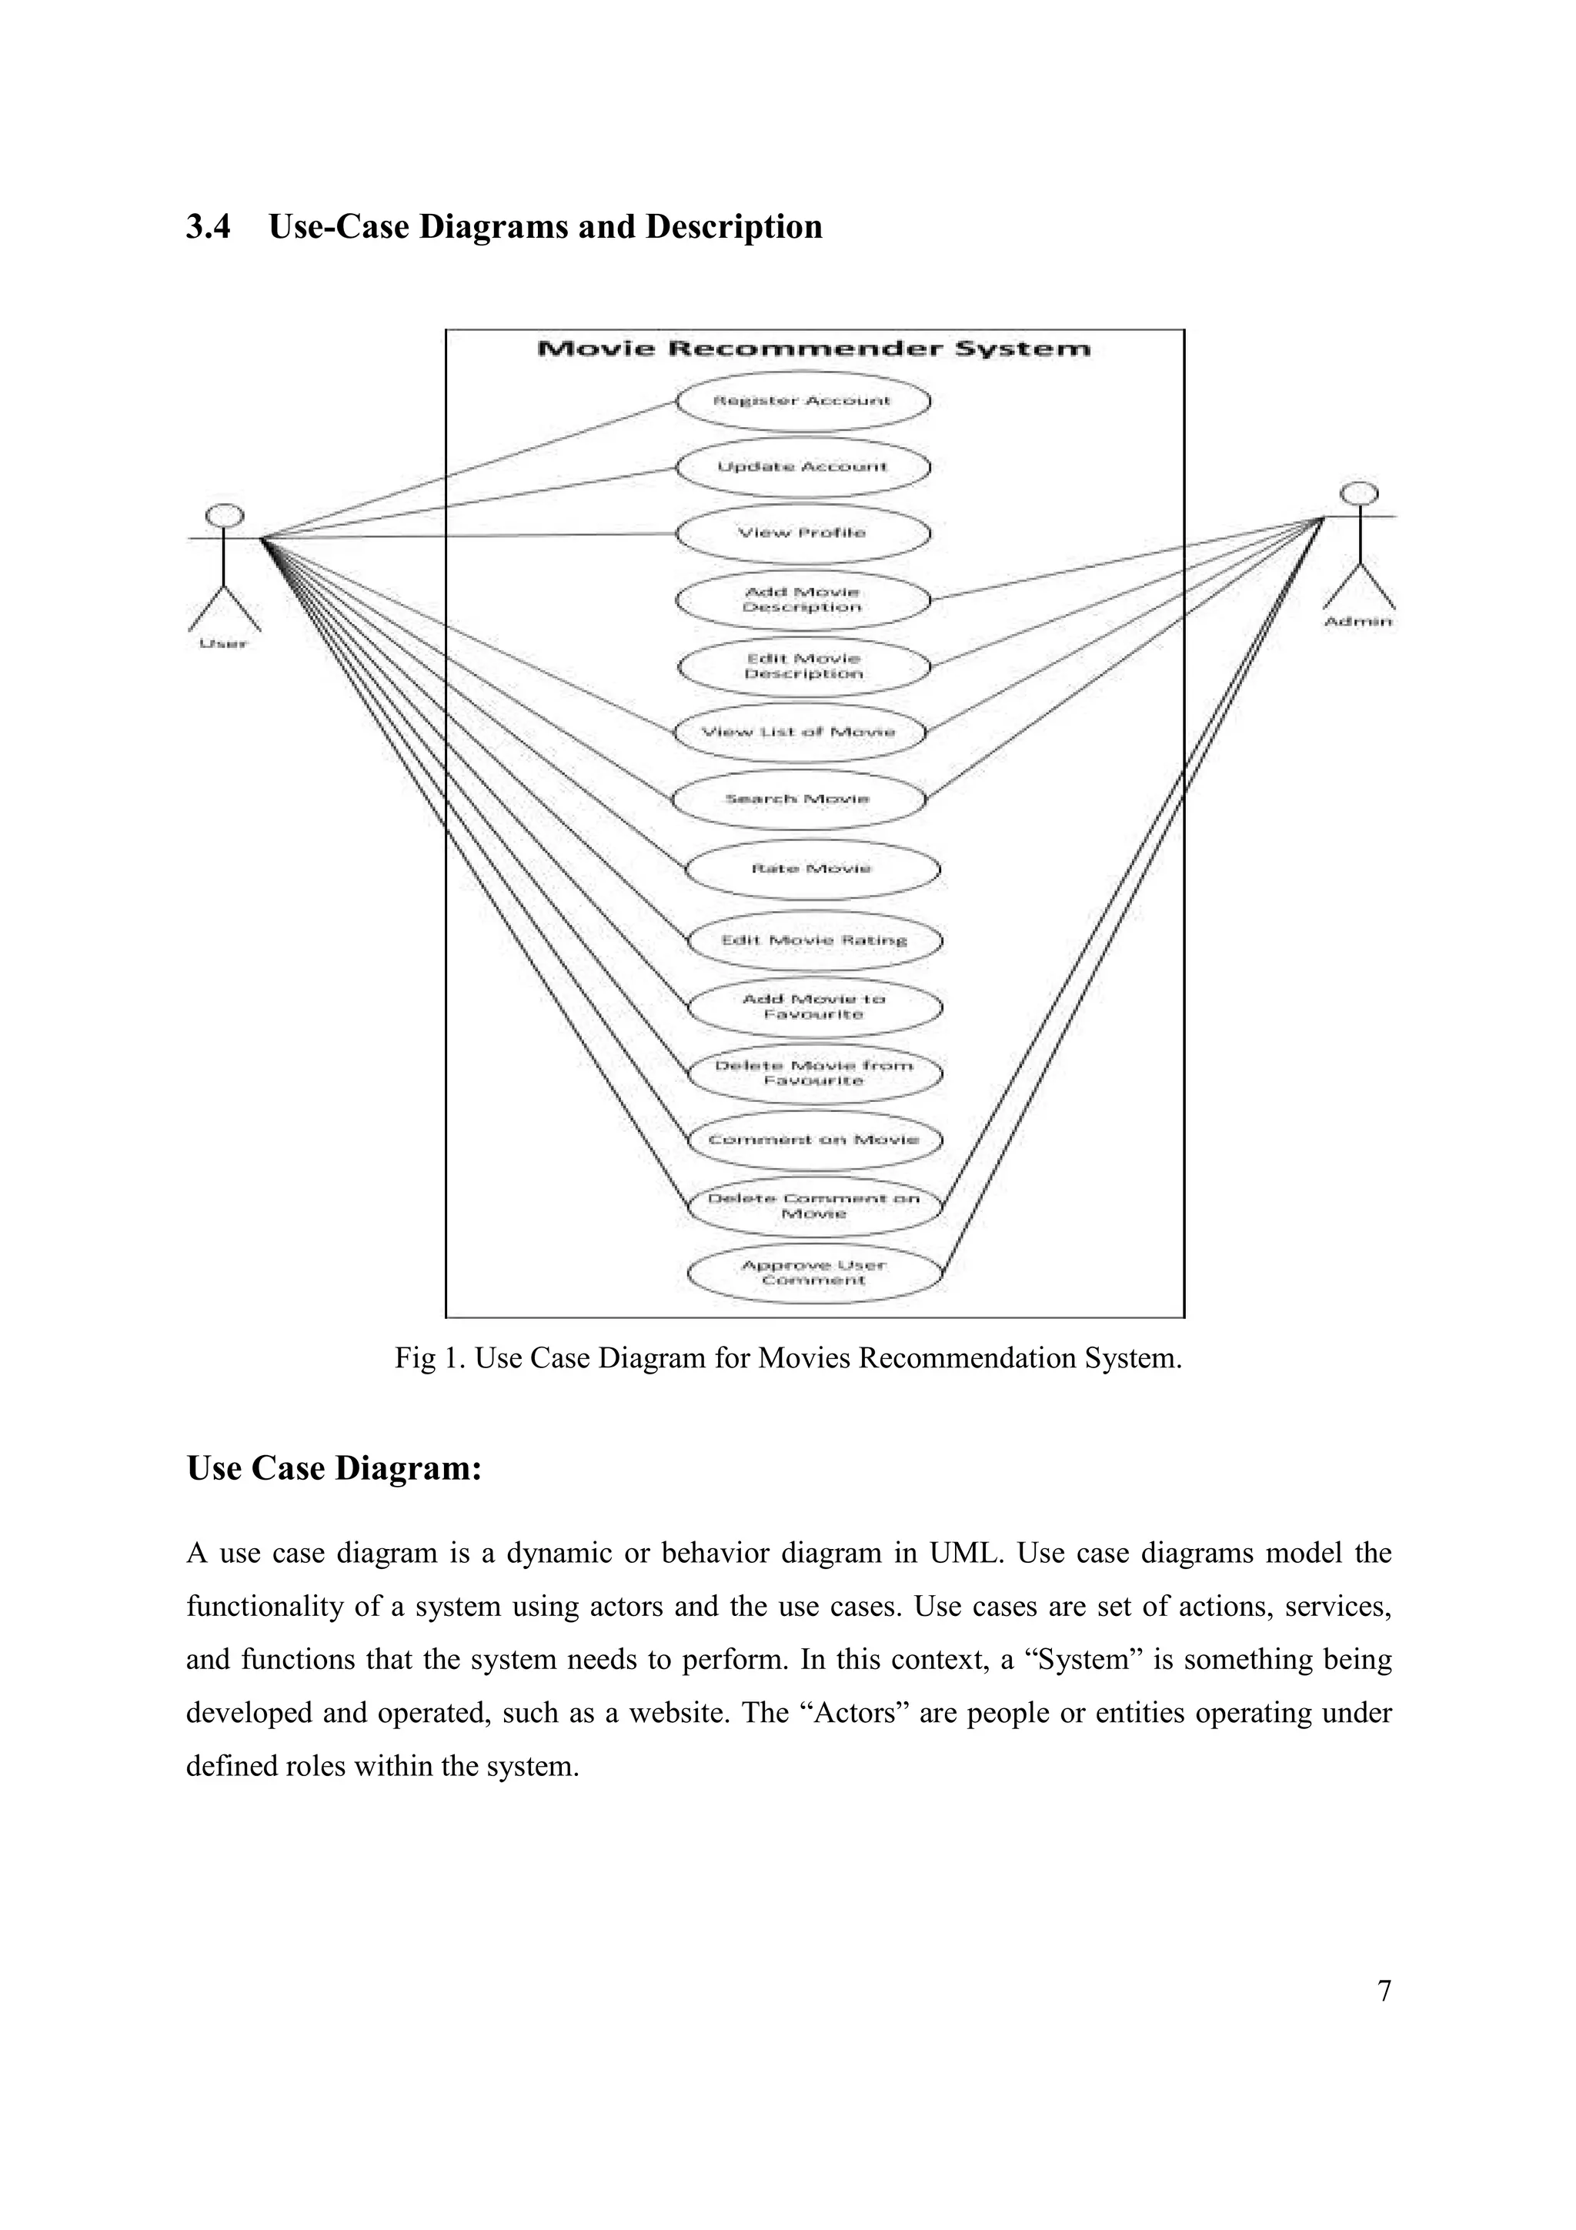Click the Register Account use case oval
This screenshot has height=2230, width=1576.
point(802,400)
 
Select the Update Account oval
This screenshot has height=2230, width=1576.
point(802,467)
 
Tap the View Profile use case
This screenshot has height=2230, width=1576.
point(802,533)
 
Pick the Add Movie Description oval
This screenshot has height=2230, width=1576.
point(802,600)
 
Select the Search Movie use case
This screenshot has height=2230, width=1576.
point(798,800)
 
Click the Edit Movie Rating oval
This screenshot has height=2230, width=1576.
point(813,940)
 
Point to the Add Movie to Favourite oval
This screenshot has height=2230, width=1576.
point(813,1007)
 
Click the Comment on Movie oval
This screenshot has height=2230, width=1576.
point(813,1140)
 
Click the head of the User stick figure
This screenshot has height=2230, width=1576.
point(226,515)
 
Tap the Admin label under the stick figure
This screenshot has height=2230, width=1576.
point(1358,622)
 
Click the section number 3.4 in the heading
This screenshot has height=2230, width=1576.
point(209,227)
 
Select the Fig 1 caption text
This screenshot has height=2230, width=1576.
point(787,1358)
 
